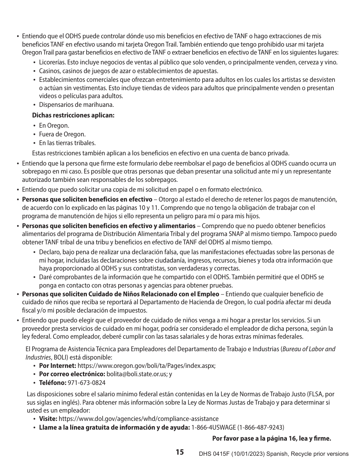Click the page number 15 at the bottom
pyautogui.click(x=180, y=452)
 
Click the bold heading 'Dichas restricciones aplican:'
pyautogui.click(x=73, y=115)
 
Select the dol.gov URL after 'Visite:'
pyautogui.click(x=139, y=419)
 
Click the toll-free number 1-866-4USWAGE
pyautogui.click(x=213, y=427)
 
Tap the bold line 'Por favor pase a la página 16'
pyautogui.click(x=271, y=439)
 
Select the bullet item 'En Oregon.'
pyautogui.click(x=54, y=126)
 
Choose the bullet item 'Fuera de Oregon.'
pyautogui.click(x=62, y=134)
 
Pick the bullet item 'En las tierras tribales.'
pyautogui.click(x=67, y=143)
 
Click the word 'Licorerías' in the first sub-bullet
pyautogui.click(x=52, y=62)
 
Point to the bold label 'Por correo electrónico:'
pyautogui.click(x=72, y=374)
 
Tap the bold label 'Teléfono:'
pyautogui.click(x=53, y=383)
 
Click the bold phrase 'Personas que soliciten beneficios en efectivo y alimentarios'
pyautogui.click(x=109, y=226)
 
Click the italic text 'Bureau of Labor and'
pyautogui.click(x=309, y=349)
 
